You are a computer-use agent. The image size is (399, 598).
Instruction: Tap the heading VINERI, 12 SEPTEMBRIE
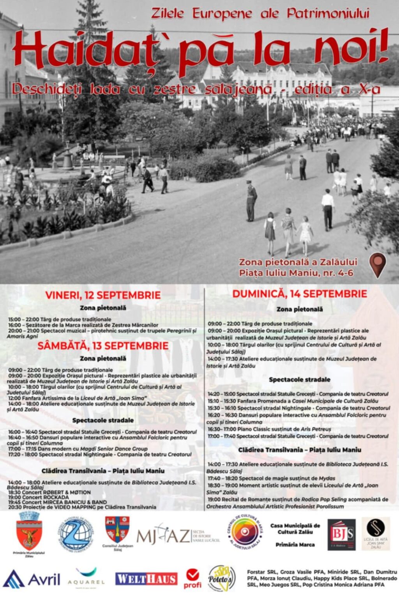103,295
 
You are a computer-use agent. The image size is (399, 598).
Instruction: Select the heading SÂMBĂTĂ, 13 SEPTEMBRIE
103,345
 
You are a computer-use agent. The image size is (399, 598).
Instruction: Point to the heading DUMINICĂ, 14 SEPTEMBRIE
300,294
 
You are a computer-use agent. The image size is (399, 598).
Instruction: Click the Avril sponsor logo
32,579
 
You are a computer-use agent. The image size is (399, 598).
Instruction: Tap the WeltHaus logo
146,579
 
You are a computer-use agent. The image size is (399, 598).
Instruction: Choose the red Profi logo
192,579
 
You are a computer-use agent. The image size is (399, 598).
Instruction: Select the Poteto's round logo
221,579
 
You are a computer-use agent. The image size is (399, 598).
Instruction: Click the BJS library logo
341,534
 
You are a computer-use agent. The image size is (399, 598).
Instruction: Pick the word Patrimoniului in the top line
328,14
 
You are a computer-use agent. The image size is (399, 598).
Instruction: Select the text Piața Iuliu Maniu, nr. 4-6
296,273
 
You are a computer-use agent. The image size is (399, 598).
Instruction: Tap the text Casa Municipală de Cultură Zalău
295,528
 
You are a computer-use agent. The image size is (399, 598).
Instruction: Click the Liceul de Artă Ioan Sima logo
376,533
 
